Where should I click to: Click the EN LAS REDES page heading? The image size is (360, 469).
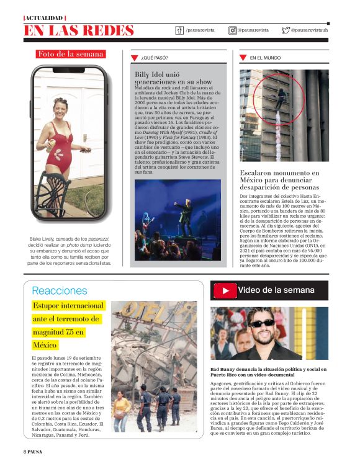point(79,30)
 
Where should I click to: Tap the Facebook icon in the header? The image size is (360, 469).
point(180,30)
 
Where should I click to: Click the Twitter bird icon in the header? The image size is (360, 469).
point(286,30)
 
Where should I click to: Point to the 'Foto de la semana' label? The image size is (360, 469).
point(71,54)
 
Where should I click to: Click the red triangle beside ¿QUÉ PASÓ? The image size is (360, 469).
point(135,58)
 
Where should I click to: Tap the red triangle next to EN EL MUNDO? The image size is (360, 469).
point(243,58)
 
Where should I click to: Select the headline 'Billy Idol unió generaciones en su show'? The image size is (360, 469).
point(173,78)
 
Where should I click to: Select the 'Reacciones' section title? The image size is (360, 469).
point(60,290)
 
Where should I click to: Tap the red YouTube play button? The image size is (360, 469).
point(225,290)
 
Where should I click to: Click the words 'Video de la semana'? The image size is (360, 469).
point(276,290)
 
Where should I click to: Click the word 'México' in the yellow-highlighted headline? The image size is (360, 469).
point(45,345)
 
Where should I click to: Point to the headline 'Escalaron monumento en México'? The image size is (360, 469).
point(279,180)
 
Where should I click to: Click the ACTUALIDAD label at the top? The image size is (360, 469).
point(45,17)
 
